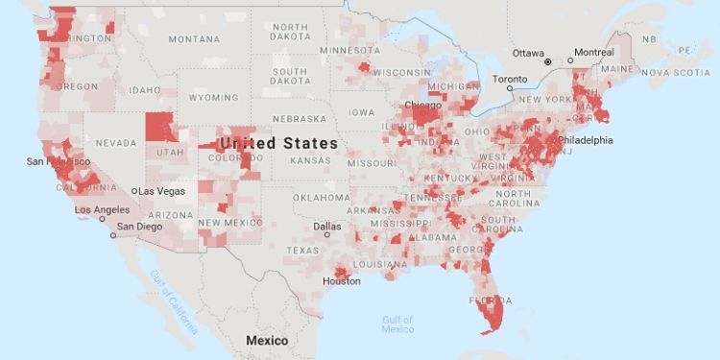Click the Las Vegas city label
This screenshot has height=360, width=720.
click(x=160, y=191)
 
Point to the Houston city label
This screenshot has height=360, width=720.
click(x=342, y=281)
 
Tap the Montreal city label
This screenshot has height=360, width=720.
click(x=594, y=52)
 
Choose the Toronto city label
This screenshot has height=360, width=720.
click(x=511, y=80)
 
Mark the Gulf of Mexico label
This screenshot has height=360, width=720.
click(x=397, y=324)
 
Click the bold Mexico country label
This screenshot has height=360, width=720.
click(x=267, y=340)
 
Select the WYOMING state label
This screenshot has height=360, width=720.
click(x=213, y=98)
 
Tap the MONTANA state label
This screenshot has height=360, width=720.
click(x=194, y=39)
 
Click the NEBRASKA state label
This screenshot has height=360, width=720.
click(x=300, y=119)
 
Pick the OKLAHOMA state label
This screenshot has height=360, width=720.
click(x=323, y=198)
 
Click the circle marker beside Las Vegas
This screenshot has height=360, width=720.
click(x=135, y=191)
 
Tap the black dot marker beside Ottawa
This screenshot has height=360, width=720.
click(x=548, y=61)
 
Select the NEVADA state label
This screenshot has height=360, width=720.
click(x=115, y=143)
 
